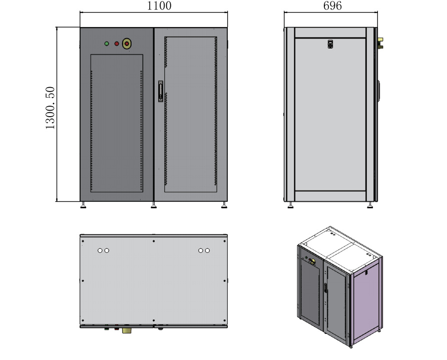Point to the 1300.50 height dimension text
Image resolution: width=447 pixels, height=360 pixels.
point(51,109)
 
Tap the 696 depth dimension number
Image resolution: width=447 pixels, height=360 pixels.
point(332,6)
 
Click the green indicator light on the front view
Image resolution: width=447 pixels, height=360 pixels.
point(107,44)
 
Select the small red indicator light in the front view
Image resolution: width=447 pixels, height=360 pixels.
point(117,44)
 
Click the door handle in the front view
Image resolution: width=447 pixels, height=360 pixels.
point(160,91)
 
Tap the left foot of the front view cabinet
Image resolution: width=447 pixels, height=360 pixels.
point(83,204)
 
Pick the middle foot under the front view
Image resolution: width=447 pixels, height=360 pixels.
point(154,204)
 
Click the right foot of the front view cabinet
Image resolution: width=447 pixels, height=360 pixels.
point(224,204)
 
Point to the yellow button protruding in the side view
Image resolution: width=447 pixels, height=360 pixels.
point(381,42)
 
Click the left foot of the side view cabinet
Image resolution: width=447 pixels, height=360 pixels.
point(290,204)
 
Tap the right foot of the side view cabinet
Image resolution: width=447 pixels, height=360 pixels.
point(370,204)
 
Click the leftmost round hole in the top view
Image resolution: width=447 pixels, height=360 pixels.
point(100,250)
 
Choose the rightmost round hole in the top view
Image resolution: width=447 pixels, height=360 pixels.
point(207,250)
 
